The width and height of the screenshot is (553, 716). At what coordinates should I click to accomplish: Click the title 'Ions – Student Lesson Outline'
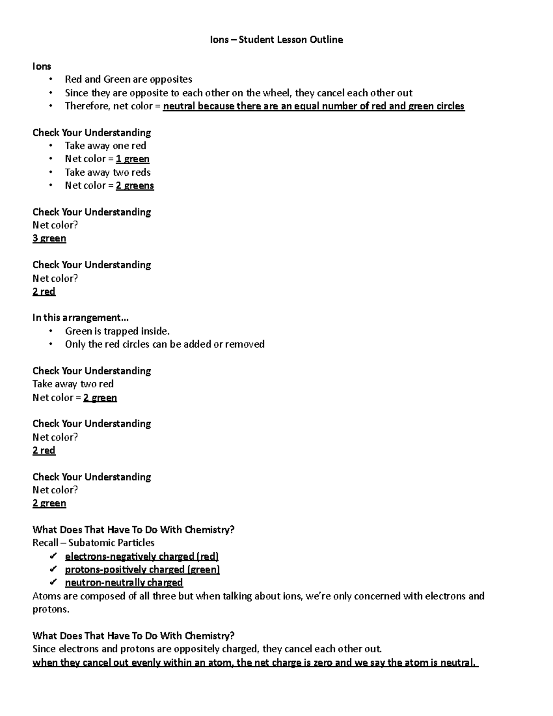(276, 40)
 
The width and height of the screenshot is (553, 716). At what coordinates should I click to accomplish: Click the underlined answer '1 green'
(132, 159)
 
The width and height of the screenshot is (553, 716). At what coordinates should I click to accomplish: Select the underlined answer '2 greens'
(135, 185)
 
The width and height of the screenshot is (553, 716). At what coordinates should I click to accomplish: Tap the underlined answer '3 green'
(49, 238)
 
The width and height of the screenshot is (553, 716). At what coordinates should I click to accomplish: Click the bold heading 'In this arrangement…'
(80, 318)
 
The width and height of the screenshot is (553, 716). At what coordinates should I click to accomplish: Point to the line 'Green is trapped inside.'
(117, 331)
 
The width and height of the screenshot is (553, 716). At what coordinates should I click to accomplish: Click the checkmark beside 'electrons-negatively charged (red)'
(53, 556)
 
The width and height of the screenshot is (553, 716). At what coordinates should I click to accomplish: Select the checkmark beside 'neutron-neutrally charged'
(53, 582)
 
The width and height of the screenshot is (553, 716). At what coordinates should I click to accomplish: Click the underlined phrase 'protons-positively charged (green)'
(142, 569)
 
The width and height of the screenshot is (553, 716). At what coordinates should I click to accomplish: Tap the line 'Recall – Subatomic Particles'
(93, 543)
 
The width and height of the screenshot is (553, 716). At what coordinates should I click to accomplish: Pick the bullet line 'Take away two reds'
(107, 172)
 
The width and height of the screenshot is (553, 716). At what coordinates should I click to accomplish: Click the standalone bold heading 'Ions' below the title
(41, 66)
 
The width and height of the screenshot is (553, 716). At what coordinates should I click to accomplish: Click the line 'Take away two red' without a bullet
(73, 384)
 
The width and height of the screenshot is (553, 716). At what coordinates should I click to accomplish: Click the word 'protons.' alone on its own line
(51, 609)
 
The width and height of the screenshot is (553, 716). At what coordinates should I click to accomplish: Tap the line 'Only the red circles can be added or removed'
(165, 344)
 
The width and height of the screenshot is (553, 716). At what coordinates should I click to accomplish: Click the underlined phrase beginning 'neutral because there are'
(313, 106)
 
